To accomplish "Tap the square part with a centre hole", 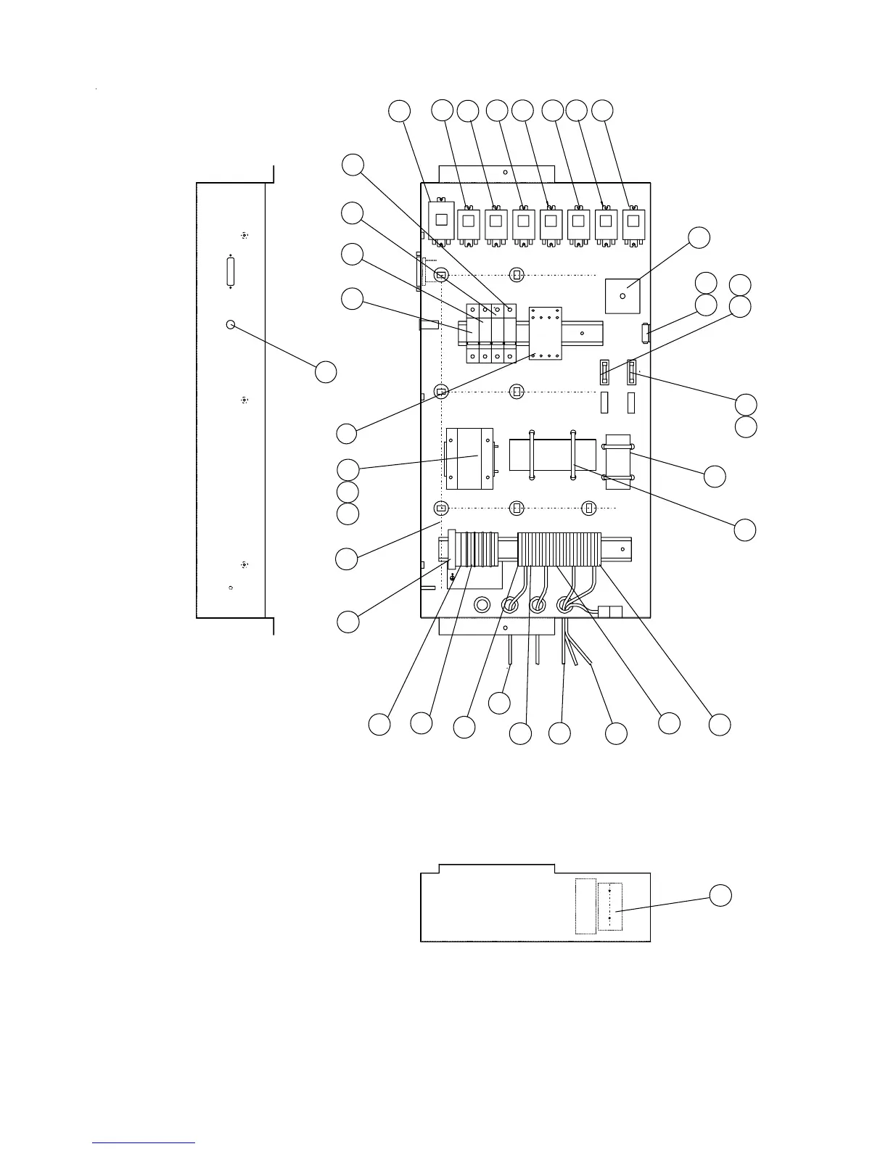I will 622,296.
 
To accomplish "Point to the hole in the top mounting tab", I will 505,173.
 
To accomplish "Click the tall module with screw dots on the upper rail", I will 546,334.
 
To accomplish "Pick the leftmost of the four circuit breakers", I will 473,334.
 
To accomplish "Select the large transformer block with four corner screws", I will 469,458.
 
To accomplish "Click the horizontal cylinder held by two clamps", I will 553,456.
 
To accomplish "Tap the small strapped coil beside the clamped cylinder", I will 618,461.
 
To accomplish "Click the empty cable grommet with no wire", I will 481,604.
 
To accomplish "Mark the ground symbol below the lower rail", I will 452,577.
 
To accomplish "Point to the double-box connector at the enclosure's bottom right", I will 609,611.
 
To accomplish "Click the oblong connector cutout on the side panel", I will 231,272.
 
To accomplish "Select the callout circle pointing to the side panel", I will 326,372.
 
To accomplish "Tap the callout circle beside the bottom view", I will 720,895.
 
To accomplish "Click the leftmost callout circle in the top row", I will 399,111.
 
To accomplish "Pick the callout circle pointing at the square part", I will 699,237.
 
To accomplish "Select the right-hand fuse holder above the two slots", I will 632,373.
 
